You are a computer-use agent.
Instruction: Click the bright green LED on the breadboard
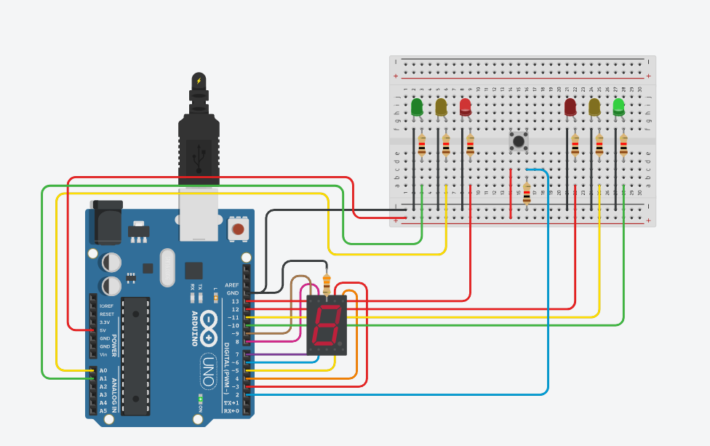tap(619, 106)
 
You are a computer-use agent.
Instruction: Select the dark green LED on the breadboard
tap(417, 108)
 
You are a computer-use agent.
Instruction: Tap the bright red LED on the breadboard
tap(466, 107)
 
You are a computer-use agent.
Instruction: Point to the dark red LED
tap(570, 108)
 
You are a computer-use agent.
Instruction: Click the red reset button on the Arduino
tap(237, 230)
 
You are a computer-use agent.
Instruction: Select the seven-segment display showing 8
tap(327, 325)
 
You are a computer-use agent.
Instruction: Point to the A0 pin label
tap(103, 370)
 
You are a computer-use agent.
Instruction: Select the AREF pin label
tap(232, 285)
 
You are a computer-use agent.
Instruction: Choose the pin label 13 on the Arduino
tap(235, 301)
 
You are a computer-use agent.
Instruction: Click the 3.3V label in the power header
tap(106, 322)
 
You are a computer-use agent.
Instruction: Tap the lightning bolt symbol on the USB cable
tap(198, 80)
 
